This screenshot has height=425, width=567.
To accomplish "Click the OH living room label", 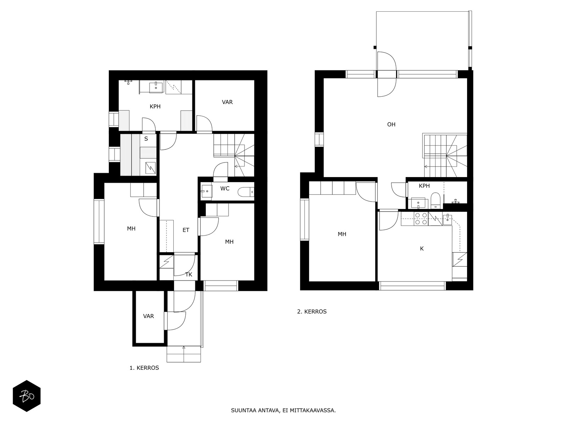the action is click(x=391, y=124).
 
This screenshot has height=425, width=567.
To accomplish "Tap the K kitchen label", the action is click(x=422, y=249).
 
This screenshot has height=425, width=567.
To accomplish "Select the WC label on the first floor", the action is click(x=225, y=189).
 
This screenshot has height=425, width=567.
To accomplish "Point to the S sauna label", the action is click(x=146, y=139).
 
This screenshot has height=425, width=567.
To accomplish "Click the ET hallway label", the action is click(x=186, y=230).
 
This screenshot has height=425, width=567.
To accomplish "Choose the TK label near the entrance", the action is click(x=189, y=274).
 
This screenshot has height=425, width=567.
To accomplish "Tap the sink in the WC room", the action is click(x=207, y=191).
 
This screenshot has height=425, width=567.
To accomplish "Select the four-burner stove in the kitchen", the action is click(x=421, y=219).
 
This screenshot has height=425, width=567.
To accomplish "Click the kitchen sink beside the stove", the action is click(x=447, y=220).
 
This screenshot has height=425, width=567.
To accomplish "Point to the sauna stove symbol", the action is click(x=150, y=168).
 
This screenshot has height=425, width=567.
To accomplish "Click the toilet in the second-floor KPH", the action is click(x=436, y=200).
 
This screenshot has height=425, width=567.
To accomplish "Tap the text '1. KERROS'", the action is click(x=144, y=368).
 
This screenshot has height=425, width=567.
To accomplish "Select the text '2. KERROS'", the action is click(x=312, y=311).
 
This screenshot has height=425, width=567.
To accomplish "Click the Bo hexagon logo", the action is click(x=27, y=396).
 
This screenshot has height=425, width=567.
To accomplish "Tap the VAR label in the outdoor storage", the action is click(x=148, y=316).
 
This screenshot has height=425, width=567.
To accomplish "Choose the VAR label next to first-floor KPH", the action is click(x=227, y=102).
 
